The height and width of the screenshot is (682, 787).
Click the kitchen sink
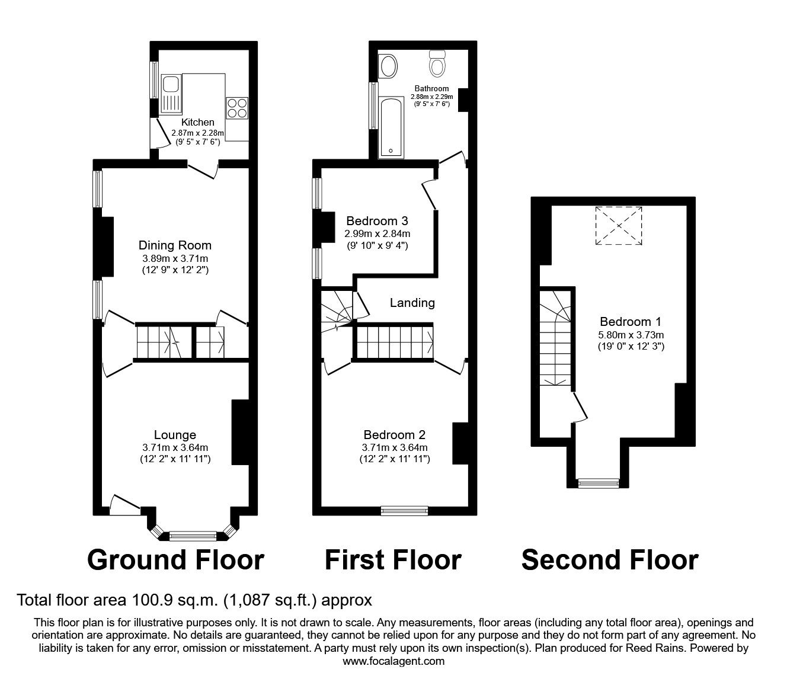tap(171, 94)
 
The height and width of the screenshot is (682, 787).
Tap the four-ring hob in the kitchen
tap(237, 108)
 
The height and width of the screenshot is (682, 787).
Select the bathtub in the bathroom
tap(391, 127)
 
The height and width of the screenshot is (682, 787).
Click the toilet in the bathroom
tap(437, 63)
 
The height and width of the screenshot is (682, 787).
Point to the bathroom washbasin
tap(388, 66)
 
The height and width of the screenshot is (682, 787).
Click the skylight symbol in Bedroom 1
tap(619, 226)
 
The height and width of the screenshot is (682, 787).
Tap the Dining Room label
tap(175, 245)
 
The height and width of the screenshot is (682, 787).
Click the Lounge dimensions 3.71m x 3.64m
tap(175, 448)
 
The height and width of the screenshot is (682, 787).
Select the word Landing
tap(412, 303)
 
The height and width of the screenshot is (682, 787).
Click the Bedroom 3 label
tap(377, 221)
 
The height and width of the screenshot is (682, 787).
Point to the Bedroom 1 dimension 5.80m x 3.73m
tap(631, 335)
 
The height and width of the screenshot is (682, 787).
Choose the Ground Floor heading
tap(175, 560)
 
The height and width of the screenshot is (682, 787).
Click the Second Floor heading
tap(610, 560)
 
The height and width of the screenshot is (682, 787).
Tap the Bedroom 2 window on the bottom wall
tap(404, 511)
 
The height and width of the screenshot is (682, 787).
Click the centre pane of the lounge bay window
tap(193, 537)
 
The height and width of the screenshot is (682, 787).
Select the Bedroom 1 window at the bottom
tap(599, 484)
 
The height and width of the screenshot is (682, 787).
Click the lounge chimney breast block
tap(240, 432)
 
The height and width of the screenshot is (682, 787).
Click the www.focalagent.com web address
tap(393, 661)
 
